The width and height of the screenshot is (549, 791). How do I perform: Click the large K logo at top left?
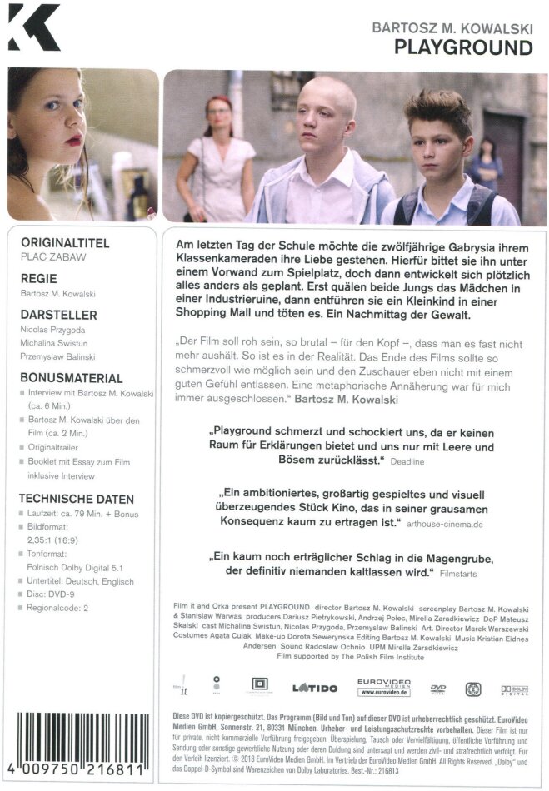click(33, 31)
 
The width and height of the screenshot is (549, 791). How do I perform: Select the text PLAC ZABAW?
click(53, 257)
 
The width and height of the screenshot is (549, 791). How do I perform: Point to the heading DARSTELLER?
click(59, 315)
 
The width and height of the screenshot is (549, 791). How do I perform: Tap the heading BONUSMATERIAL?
click(71, 378)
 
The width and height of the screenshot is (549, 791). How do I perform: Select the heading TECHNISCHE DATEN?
click(76, 499)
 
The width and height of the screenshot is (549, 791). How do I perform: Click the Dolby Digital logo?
click(516, 689)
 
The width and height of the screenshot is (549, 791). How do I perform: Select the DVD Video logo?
click(438, 689)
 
